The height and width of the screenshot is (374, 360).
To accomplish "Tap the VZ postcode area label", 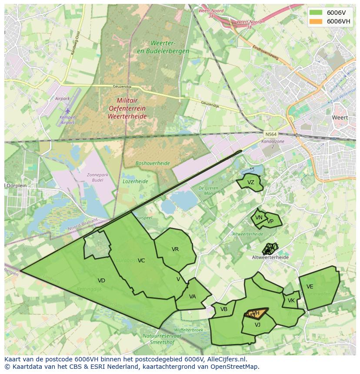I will (250, 182).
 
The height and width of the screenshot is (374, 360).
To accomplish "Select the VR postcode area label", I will (175, 249).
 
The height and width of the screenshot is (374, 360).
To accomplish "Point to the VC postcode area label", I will (141, 261).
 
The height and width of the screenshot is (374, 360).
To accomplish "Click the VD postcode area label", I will (101, 281).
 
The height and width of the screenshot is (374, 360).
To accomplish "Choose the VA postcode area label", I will (192, 297).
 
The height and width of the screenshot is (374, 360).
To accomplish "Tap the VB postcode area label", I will (224, 309).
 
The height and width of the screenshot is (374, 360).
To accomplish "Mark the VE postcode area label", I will (310, 287).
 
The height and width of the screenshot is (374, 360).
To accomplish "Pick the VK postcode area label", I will (291, 301).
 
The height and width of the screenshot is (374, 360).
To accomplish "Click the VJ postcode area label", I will (257, 324).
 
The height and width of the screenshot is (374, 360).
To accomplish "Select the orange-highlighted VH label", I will (256, 313).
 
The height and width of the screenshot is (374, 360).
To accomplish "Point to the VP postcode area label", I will (270, 221).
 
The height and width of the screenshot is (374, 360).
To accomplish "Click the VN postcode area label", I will (259, 218).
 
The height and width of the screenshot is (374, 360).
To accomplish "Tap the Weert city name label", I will (340, 117).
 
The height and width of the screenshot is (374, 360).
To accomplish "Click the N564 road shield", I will (270, 134).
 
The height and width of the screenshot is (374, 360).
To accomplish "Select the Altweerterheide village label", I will (270, 258).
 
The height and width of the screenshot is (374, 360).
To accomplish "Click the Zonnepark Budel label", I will (97, 177).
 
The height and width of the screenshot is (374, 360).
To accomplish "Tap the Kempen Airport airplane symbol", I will (67, 111).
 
